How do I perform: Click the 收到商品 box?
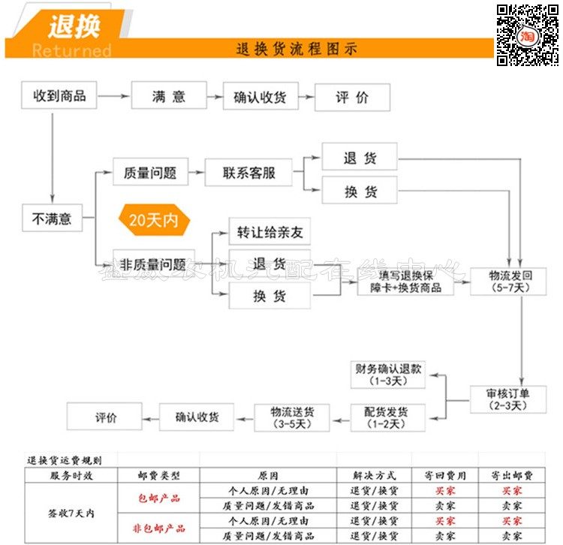click(59, 96)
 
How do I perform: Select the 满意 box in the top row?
click(168, 96)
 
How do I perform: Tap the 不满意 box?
click(52, 218)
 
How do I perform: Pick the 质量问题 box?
click(149, 173)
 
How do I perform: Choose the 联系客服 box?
click(248, 173)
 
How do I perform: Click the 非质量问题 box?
click(153, 264)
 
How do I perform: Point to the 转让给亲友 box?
click(269, 231)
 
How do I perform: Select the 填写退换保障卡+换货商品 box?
click(405, 282)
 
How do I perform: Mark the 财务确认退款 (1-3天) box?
click(387, 375)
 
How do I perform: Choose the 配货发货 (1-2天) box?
click(387, 418)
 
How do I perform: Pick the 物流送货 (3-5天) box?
click(292, 418)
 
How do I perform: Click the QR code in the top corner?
click(527, 35)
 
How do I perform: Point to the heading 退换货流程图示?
click(297, 50)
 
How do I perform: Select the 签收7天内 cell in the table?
click(71, 513)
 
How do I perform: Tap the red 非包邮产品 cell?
click(158, 528)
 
